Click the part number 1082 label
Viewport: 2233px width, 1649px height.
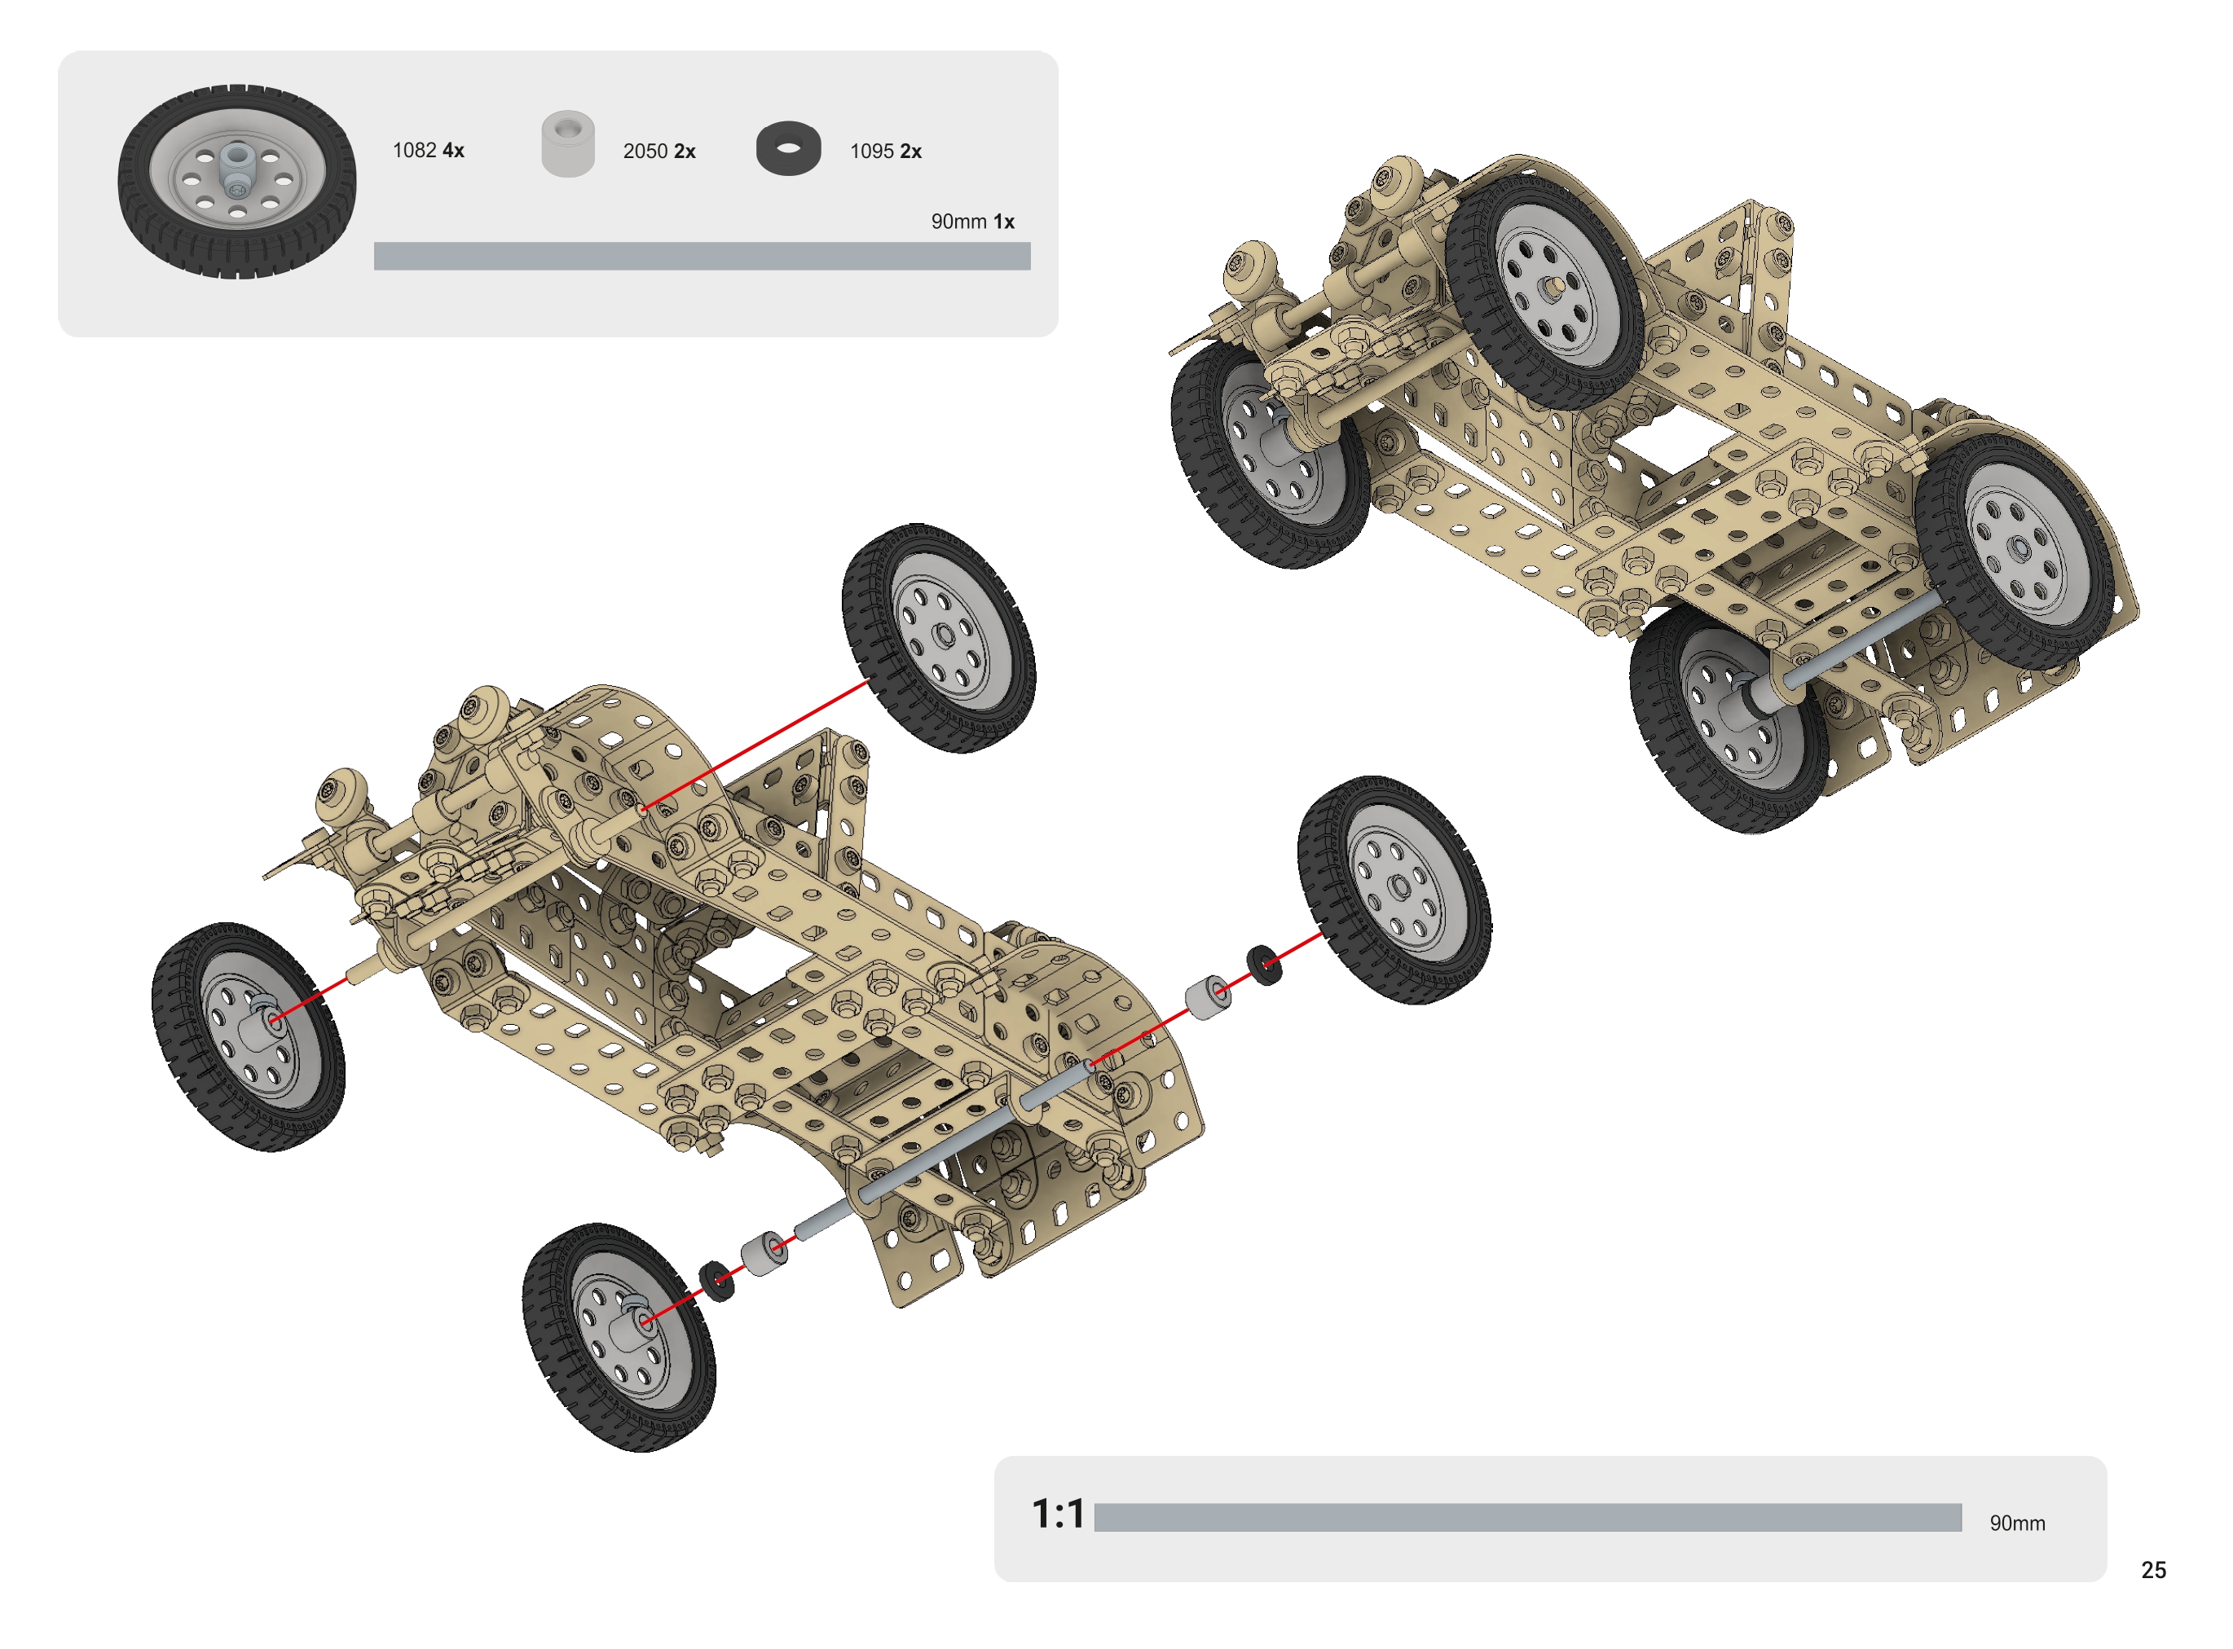(414, 151)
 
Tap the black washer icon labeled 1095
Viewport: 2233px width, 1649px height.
(789, 150)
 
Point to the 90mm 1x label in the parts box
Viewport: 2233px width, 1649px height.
(972, 222)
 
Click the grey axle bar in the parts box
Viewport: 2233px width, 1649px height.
(702, 257)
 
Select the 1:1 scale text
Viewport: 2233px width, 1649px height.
(1057, 1515)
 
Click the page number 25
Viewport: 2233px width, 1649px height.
(2153, 1570)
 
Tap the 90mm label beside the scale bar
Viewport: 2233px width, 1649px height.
(2016, 1524)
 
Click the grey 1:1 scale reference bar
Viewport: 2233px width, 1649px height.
(1527, 1517)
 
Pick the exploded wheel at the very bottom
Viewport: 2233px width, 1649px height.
(619, 1338)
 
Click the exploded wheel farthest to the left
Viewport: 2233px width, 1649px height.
(249, 1036)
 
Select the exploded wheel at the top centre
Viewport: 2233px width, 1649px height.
(938, 638)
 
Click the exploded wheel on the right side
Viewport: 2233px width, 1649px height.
(1394, 890)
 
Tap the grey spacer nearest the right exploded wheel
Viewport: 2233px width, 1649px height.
(1208, 997)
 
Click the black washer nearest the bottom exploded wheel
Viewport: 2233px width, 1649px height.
(716, 1282)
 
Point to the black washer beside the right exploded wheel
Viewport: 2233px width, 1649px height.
(1265, 965)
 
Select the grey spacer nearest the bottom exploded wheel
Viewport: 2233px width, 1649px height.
(764, 1255)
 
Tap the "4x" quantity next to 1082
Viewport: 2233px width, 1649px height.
(453, 151)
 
